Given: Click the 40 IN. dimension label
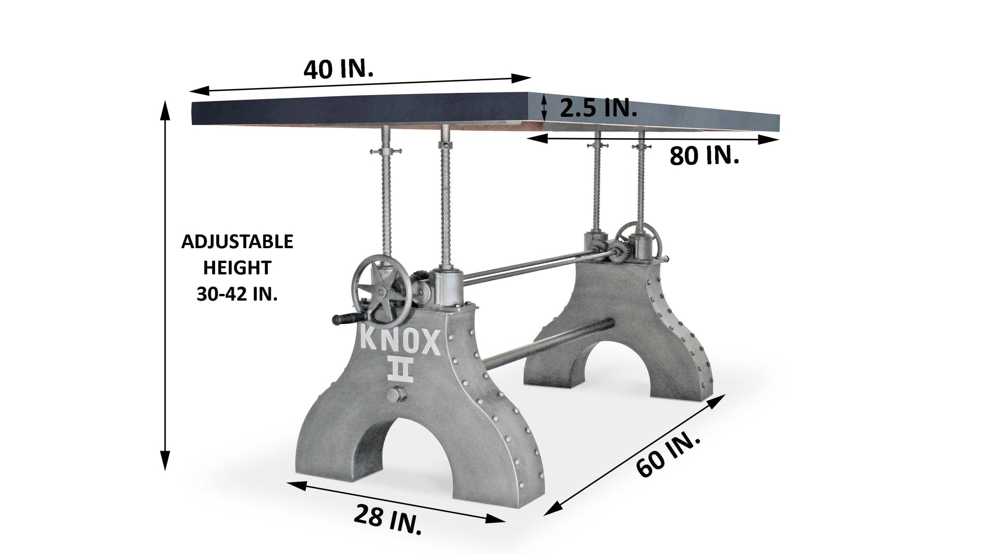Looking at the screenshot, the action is tap(338, 70).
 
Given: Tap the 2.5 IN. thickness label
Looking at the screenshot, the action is tap(598, 109).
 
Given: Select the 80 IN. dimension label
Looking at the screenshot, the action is tap(705, 156).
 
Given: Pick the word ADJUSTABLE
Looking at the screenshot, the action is tap(237, 241).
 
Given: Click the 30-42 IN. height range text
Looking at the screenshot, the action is tap(237, 294).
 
